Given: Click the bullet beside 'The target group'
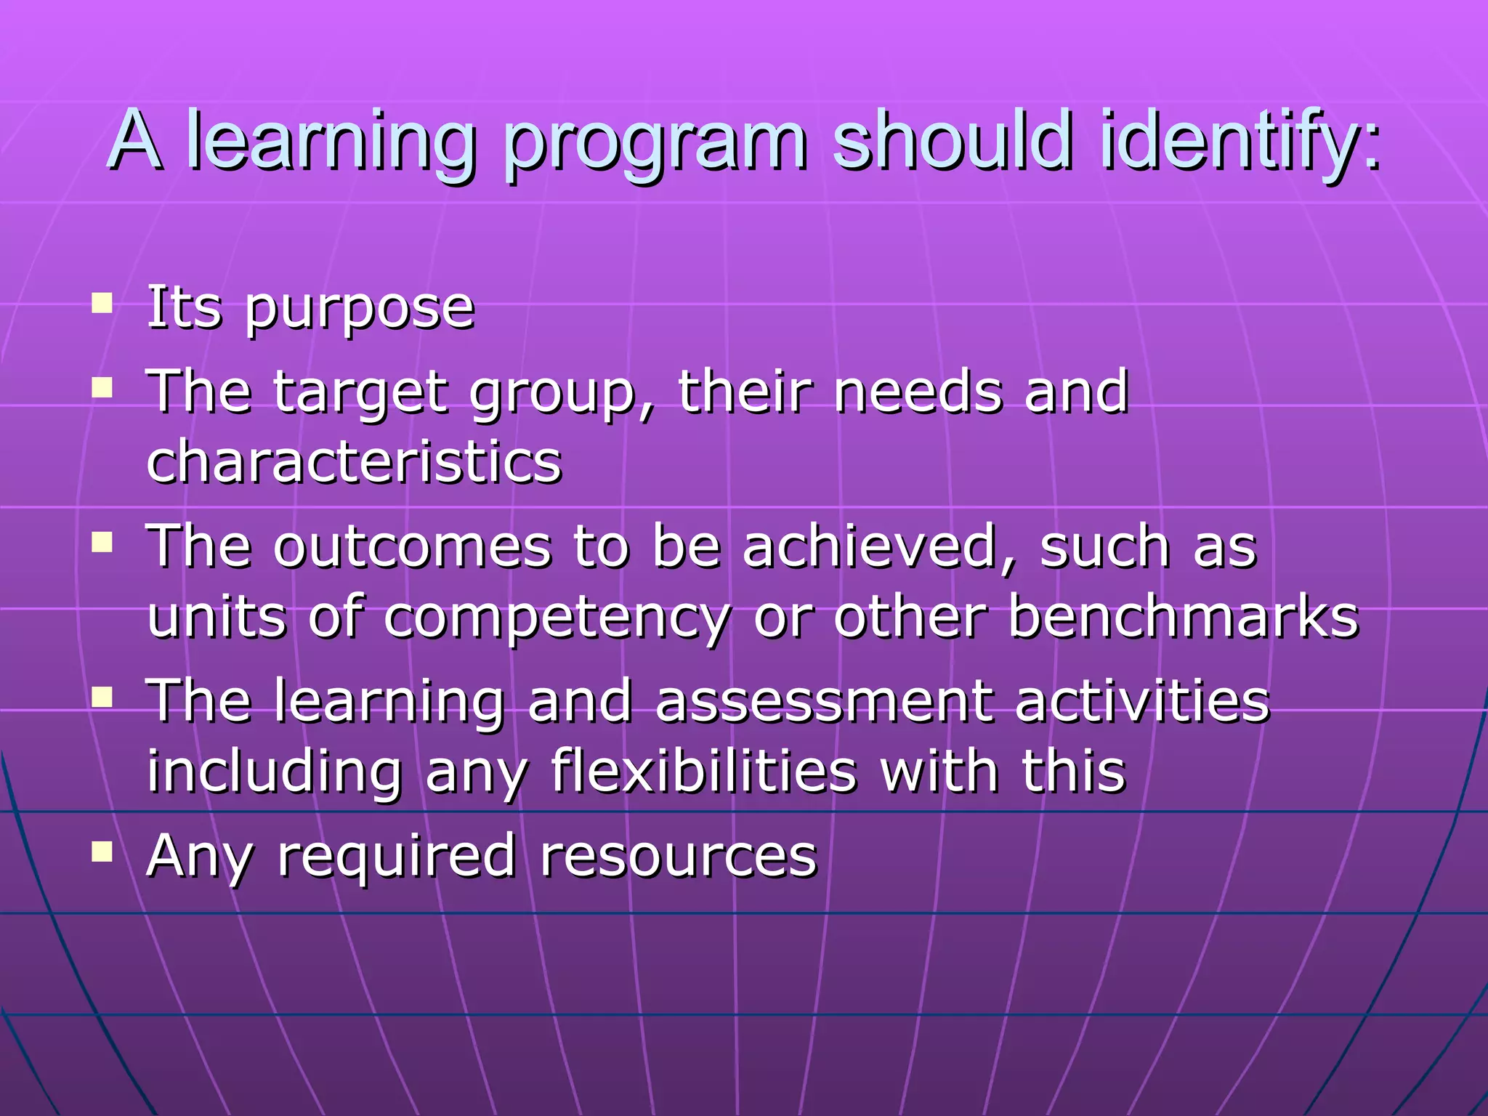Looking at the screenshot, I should coord(102,387).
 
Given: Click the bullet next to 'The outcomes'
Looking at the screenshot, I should coord(102,541).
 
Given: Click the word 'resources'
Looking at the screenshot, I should coord(679,857).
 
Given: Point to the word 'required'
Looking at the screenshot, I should coord(397,858).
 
